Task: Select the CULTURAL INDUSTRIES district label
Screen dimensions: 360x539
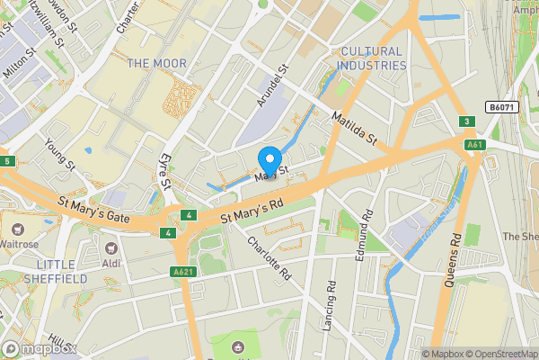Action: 371,58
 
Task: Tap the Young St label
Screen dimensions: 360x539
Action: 59,154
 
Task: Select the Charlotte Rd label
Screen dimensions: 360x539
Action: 269,257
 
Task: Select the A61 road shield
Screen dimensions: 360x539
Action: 474,143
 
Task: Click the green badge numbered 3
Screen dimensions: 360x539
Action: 466,121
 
